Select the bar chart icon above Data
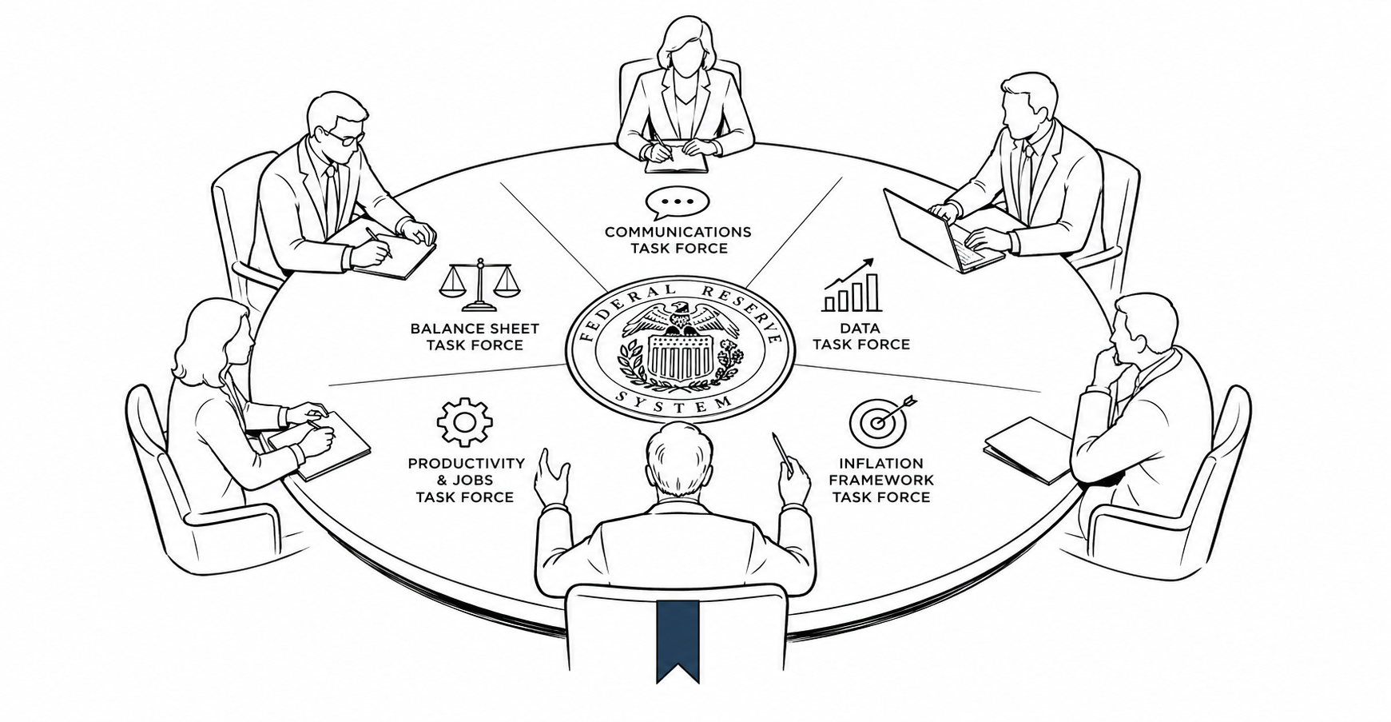(852, 285)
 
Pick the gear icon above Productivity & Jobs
(464, 421)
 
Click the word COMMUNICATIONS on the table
(678, 232)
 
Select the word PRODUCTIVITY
(466, 463)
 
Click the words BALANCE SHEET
(475, 328)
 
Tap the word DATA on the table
(860, 328)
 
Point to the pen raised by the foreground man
(781, 453)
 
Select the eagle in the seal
(681, 319)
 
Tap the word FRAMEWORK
(880, 480)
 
